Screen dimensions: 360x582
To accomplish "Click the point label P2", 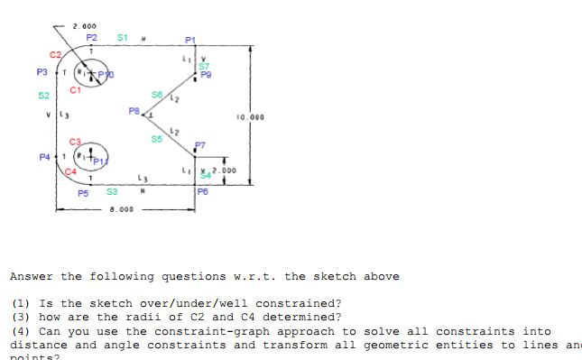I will click(x=91, y=38).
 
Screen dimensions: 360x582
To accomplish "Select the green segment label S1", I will click(x=123, y=38).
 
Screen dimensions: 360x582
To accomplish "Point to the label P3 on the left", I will click(x=42, y=71).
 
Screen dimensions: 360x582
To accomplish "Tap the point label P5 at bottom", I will click(x=83, y=193).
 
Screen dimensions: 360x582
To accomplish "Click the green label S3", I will click(x=112, y=191).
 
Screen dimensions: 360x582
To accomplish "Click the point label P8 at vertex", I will click(x=134, y=111).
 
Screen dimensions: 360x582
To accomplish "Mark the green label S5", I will click(x=156, y=139).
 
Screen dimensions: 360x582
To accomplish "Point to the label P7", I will click(x=200, y=144).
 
